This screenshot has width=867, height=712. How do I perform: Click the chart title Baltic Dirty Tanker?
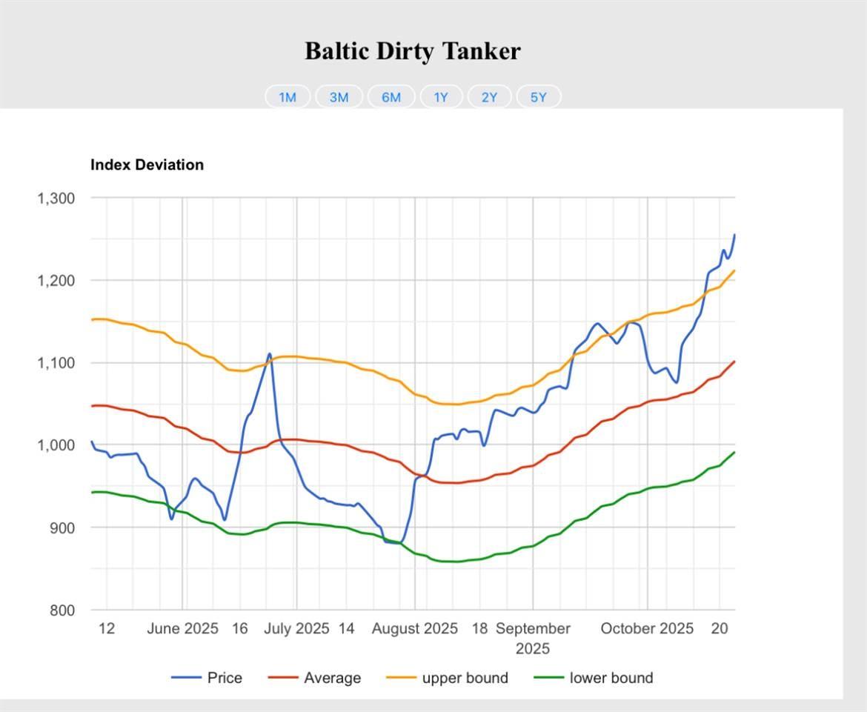tap(413, 51)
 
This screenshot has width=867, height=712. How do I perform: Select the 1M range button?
tap(288, 97)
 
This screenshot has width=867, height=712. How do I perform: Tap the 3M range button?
tap(339, 97)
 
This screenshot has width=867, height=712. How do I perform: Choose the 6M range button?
tap(391, 97)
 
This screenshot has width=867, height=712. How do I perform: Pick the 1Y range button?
tap(441, 97)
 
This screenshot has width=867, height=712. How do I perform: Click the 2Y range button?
tap(489, 97)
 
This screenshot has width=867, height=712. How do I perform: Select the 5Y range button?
tap(538, 97)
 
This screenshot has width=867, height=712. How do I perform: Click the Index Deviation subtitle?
tap(147, 164)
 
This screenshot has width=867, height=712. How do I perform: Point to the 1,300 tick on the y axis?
tap(56, 198)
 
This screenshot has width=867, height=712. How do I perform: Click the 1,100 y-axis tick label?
tap(56, 362)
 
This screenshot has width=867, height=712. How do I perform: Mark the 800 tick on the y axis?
tap(62, 610)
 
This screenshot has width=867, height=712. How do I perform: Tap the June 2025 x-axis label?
tap(182, 629)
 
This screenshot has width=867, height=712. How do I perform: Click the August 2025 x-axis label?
tap(414, 629)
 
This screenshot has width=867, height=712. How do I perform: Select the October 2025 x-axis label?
tap(647, 629)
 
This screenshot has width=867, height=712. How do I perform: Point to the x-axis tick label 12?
tap(107, 629)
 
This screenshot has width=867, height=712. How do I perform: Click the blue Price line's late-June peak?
tap(270, 354)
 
